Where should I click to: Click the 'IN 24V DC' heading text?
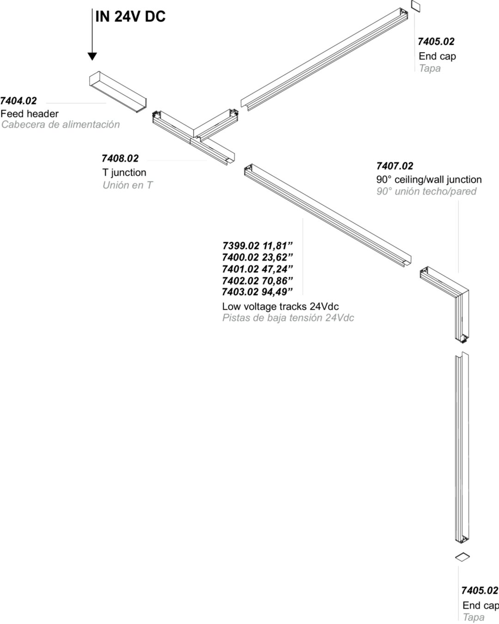[x=130, y=16]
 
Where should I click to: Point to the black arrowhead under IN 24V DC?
[x=92, y=56]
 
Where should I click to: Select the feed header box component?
[x=118, y=92]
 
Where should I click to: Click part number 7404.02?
[x=18, y=101]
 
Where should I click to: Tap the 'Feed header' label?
[x=30, y=114]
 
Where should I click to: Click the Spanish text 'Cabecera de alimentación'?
[x=61, y=125]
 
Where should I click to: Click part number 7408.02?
[x=120, y=159]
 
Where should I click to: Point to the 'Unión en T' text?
[x=128, y=185]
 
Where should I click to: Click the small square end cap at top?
[x=415, y=6]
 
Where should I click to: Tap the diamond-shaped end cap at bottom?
[x=462, y=557]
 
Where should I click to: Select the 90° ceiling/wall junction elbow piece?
[x=445, y=305]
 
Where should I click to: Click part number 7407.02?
[x=395, y=166]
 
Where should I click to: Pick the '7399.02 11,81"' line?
[x=257, y=246]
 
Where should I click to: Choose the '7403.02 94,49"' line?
[x=257, y=292]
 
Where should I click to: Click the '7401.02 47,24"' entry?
[x=257, y=269]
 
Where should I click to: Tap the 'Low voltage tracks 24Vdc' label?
[x=280, y=306]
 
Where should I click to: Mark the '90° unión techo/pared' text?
[x=426, y=191]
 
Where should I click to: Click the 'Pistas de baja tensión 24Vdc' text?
[x=288, y=318]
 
